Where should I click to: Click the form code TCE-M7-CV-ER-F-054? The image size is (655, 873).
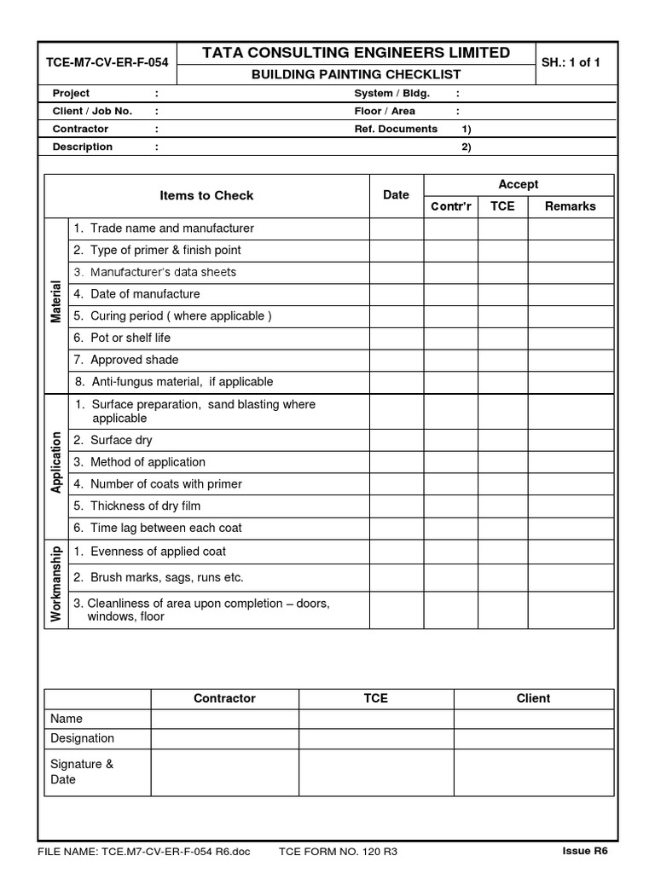click(107, 63)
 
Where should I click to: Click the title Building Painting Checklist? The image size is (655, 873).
click(356, 74)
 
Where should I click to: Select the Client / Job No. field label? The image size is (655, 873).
click(93, 111)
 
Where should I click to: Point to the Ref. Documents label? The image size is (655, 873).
click(396, 129)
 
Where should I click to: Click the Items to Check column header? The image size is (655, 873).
click(206, 195)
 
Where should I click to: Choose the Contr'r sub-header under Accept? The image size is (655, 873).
click(451, 206)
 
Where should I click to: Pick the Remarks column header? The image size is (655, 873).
click(571, 206)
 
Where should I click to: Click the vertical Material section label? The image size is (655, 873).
click(56, 302)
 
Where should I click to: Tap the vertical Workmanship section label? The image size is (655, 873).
click(56, 584)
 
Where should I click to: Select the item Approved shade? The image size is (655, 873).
click(134, 360)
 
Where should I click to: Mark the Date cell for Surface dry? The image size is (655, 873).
click(396, 440)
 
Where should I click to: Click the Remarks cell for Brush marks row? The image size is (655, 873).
click(571, 577)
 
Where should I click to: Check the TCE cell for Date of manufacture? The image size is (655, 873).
click(502, 294)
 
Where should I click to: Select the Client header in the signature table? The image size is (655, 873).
click(533, 698)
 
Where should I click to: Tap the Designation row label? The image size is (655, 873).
click(82, 738)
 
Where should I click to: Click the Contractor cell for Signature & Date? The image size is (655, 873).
click(224, 772)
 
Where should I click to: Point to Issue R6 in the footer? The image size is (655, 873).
click(585, 851)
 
